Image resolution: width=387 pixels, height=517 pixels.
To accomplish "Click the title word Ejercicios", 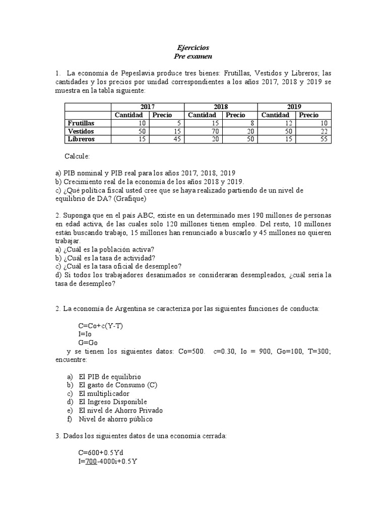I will pos(193,47).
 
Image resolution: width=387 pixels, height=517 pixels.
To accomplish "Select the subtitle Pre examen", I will pos(193,56).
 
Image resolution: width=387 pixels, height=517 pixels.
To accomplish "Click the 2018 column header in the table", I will pos(221,107).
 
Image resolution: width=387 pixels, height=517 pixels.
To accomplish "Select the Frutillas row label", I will pos(81,123).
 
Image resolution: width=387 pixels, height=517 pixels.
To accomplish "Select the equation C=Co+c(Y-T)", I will pos(100,326).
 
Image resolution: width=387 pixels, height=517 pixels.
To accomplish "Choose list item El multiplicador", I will pos(104,393).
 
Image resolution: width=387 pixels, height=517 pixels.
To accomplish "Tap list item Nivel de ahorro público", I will pos(115,419).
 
